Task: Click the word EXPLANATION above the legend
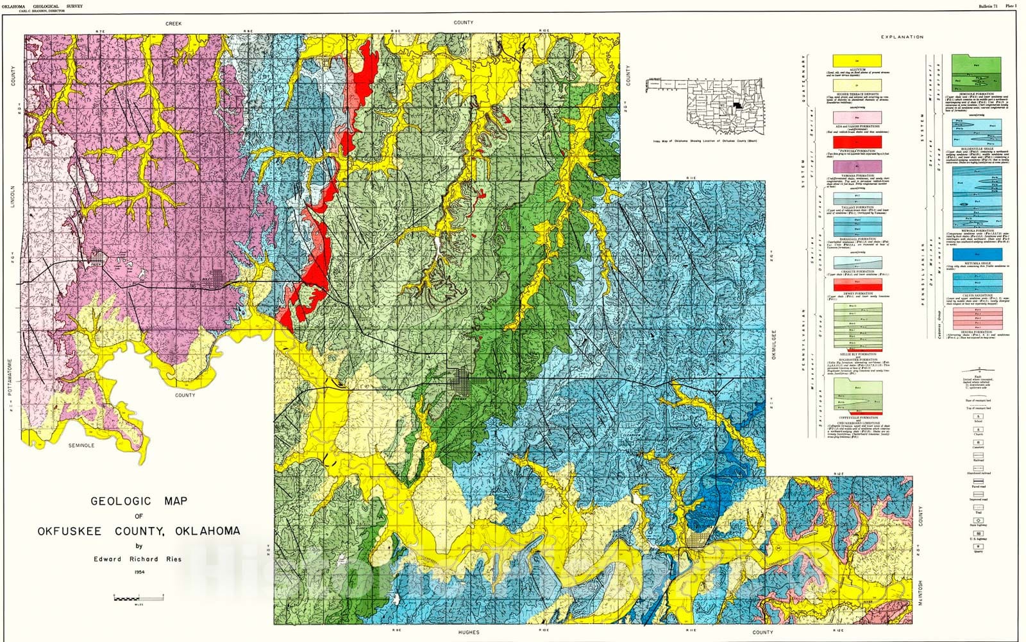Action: (x=902, y=37)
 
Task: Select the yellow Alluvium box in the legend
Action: (x=856, y=60)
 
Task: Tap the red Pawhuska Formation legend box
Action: (x=856, y=143)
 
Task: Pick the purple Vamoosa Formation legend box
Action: (x=856, y=166)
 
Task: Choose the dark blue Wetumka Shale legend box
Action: (x=977, y=254)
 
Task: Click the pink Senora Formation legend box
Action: (x=977, y=318)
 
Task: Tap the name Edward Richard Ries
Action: (x=138, y=559)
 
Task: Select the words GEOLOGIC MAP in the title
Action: (x=139, y=501)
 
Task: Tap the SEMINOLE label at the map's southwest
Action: (x=81, y=445)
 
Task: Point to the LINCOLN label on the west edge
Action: (x=12, y=197)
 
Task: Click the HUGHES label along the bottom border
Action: (x=469, y=632)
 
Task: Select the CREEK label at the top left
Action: (x=174, y=24)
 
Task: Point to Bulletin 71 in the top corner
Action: (x=988, y=6)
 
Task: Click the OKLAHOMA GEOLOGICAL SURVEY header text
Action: (x=42, y=6)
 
